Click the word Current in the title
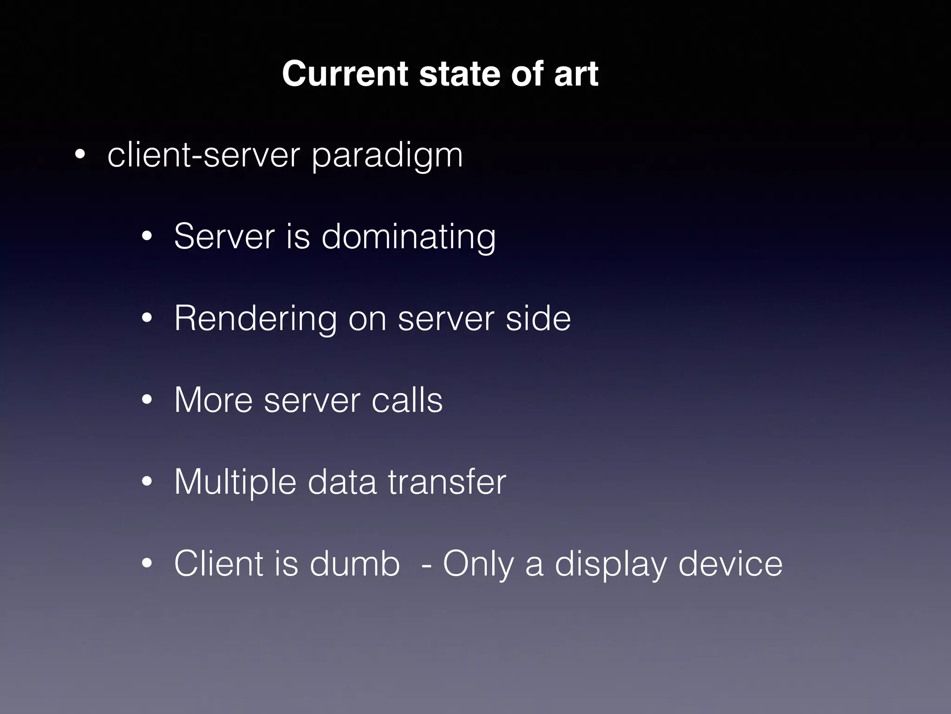345,74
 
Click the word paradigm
387,156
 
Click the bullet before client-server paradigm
80,156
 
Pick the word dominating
409,237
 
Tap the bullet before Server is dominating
147,237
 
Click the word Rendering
255,319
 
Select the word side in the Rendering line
538,318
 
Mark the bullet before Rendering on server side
147,319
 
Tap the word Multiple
235,483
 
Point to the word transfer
447,482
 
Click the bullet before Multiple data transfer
147,482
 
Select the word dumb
355,563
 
